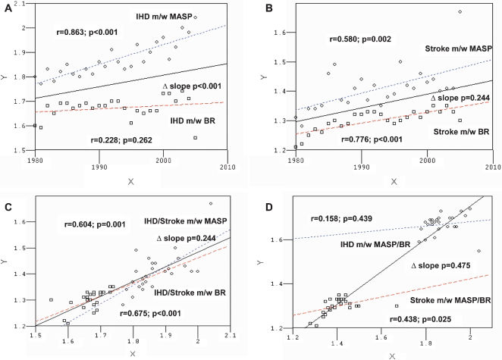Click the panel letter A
(x=8, y=10)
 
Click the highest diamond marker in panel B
(x=460, y=12)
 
